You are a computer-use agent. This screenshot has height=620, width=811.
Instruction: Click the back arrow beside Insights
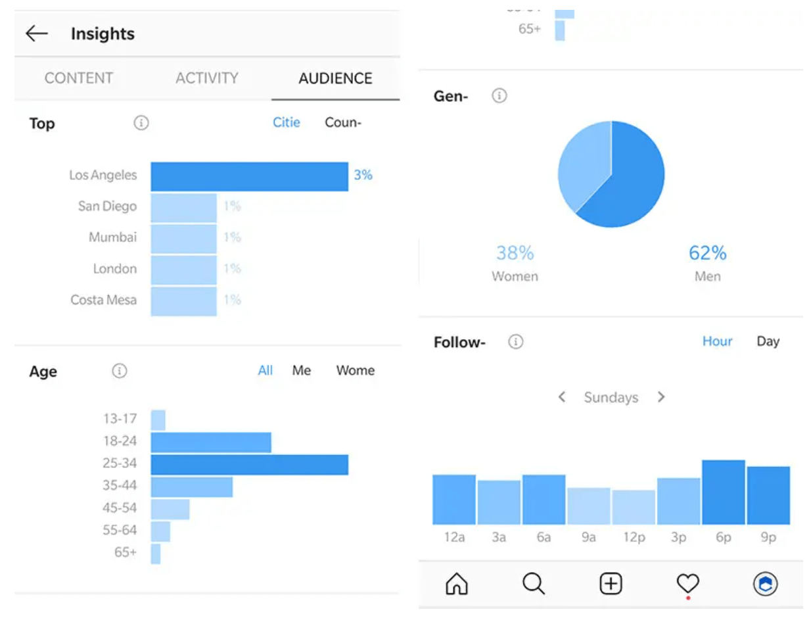[x=37, y=34]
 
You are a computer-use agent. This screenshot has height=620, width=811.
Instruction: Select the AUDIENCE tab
[x=335, y=78]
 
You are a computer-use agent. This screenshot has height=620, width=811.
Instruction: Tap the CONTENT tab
[x=79, y=78]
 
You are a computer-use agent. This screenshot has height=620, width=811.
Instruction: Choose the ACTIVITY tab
[x=206, y=78]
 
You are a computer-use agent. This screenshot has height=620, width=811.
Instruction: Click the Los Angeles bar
[x=249, y=176]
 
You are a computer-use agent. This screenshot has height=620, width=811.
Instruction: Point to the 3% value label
[x=363, y=175]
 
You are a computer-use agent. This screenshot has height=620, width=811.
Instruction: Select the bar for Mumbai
[x=183, y=238]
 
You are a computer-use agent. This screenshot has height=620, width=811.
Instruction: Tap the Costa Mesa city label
[x=104, y=300]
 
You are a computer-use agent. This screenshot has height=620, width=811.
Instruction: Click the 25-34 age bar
[x=249, y=464]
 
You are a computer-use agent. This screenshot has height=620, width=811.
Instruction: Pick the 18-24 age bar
[x=211, y=442]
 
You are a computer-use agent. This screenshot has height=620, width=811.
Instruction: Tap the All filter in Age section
[x=265, y=371]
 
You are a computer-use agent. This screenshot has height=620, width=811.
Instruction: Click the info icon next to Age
[x=119, y=371]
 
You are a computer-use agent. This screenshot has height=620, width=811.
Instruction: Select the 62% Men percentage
[x=707, y=252]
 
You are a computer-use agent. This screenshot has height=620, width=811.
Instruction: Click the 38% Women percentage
[x=515, y=252]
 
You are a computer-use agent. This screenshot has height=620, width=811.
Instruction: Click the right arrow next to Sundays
[x=661, y=397]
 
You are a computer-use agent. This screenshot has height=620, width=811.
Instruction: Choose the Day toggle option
[x=768, y=341]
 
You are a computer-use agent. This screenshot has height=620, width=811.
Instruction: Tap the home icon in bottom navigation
[x=456, y=583]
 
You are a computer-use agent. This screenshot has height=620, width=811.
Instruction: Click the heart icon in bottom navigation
[x=687, y=583]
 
